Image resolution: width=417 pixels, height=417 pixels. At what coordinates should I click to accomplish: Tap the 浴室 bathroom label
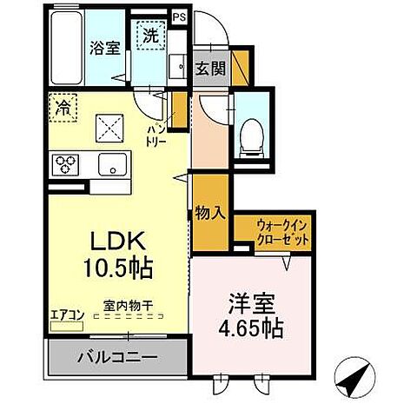[104, 48]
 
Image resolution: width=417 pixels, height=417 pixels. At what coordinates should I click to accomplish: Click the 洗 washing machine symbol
[150, 37]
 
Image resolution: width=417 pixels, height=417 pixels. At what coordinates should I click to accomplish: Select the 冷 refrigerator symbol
[63, 107]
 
